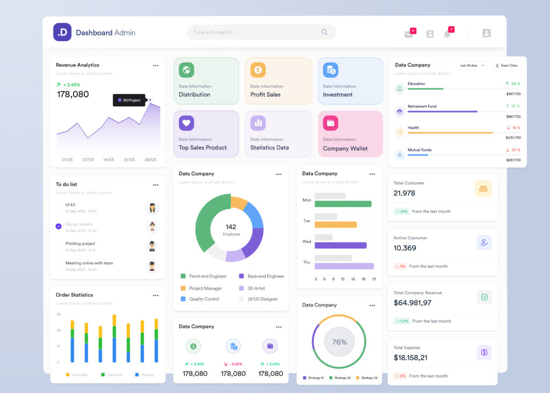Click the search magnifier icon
pyautogui.click(x=324, y=32)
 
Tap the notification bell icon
pyautogui.click(x=447, y=34)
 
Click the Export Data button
pyautogui.click(x=506, y=65)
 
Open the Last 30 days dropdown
pyautogui.click(x=472, y=65)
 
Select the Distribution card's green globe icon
pyautogui.click(x=186, y=69)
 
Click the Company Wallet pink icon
pyautogui.click(x=330, y=123)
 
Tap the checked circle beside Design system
pyautogui.click(x=59, y=226)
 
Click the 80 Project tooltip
pyautogui.click(x=129, y=100)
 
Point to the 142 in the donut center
pyautogui.click(x=231, y=227)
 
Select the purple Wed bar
pyautogui.click(x=341, y=245)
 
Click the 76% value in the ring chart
pyautogui.click(x=339, y=342)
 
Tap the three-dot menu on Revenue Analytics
pyautogui.click(x=156, y=66)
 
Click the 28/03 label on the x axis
pyautogui.click(x=150, y=160)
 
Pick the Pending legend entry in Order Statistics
pyautogui.click(x=144, y=375)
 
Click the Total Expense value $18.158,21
pyautogui.click(x=410, y=358)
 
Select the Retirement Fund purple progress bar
pyautogui.click(x=443, y=111)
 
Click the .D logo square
pyautogui.click(x=62, y=32)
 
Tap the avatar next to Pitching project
pyautogui.click(x=152, y=246)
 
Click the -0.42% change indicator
pyautogui.click(x=234, y=364)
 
